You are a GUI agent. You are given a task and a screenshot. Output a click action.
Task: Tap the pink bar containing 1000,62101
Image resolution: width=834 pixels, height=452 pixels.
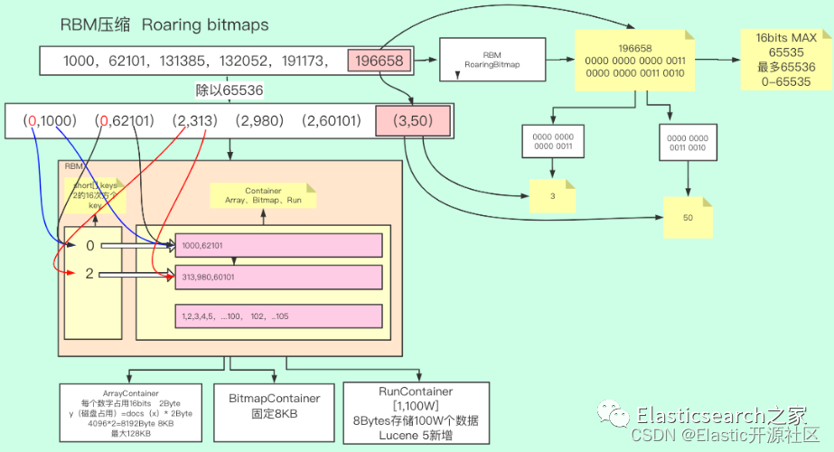coord(279,244)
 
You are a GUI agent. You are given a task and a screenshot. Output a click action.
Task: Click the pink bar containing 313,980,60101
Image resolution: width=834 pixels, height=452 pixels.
coord(279,277)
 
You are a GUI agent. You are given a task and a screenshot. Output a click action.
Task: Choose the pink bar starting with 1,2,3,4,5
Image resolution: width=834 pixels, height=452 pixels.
coord(279,316)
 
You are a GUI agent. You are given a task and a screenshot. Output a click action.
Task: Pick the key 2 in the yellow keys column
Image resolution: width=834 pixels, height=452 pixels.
coord(89,273)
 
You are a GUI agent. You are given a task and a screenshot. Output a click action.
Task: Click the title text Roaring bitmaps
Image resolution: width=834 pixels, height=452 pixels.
coord(205,24)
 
